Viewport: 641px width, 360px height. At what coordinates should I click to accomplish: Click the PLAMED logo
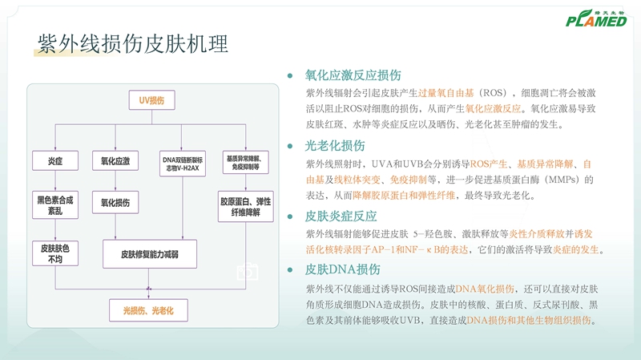tap(594, 18)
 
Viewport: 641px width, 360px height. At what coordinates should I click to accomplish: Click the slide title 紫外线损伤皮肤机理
tap(133, 44)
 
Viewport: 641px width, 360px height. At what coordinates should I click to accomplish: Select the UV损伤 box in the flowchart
tap(151, 100)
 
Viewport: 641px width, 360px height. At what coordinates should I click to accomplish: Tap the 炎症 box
tap(55, 160)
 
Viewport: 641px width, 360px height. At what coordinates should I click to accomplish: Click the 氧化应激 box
tap(115, 160)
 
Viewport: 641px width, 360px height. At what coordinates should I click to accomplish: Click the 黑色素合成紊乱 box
tap(55, 203)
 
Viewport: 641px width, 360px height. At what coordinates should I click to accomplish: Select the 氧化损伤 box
tap(115, 203)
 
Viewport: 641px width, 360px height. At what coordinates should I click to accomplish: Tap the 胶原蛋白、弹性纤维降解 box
tap(246, 204)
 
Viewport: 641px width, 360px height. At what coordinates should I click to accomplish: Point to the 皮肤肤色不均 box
tap(55, 253)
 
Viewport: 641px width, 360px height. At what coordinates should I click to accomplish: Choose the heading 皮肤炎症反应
tap(341, 216)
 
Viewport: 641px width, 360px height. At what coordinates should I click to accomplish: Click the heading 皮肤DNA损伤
tap(343, 270)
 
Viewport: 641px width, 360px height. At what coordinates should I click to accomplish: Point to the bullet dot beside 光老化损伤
tap(290, 147)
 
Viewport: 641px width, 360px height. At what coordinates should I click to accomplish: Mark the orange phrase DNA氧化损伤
tap(486, 289)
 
